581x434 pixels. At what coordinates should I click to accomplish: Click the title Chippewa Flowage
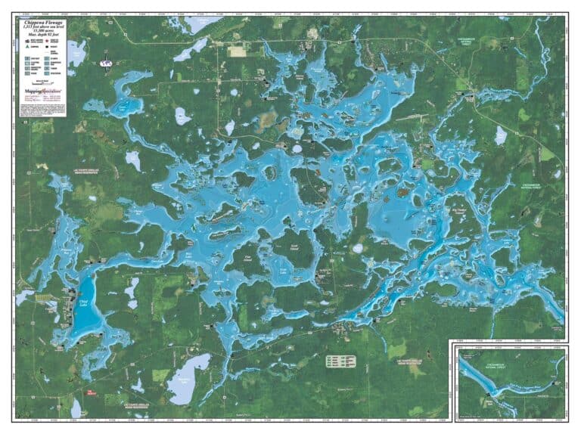(x=43, y=23)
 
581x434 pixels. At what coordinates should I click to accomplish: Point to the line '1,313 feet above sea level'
(x=43, y=28)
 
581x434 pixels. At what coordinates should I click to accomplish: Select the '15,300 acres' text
(x=43, y=33)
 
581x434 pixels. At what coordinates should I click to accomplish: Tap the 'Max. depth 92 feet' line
(x=43, y=38)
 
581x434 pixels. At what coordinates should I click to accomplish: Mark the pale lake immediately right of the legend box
(x=76, y=53)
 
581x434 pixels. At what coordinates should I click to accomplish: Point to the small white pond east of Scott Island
(x=357, y=248)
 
